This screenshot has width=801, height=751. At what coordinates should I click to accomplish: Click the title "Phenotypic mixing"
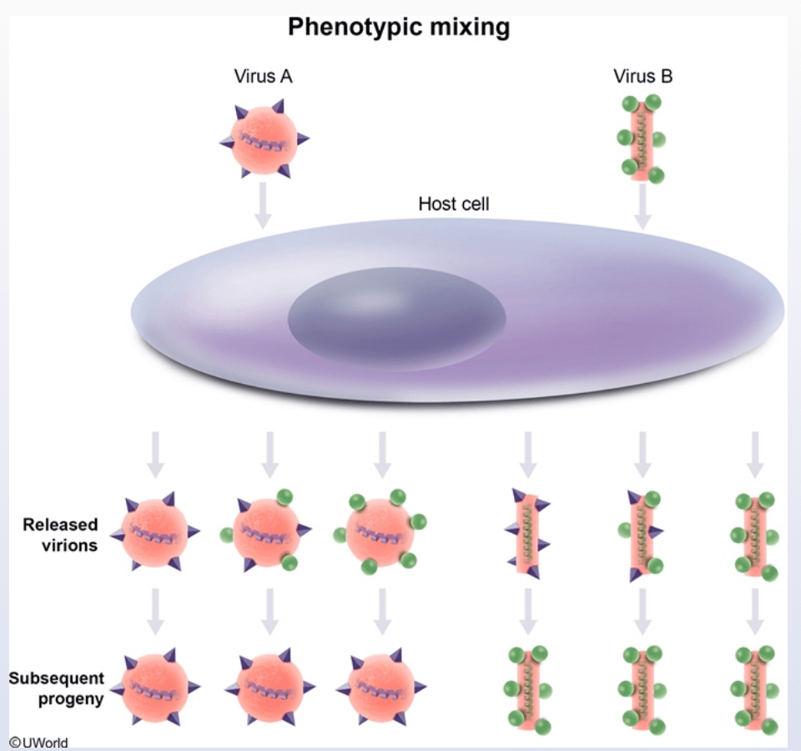coord(399,28)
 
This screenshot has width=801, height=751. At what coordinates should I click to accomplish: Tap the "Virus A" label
coord(263,76)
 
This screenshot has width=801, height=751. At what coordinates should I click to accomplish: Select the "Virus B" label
coord(642,76)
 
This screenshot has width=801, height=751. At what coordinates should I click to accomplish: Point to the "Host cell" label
coord(454,204)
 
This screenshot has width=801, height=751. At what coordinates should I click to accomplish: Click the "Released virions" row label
coord(61,535)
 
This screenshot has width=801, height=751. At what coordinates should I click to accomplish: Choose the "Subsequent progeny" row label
coord(57,688)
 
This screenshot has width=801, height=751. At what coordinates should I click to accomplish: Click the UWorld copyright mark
coord(39,743)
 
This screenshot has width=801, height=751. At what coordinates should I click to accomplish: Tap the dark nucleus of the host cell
coord(397,319)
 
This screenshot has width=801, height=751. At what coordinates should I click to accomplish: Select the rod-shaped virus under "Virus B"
coord(642,139)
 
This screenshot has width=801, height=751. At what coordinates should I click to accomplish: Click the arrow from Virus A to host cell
coord(263,205)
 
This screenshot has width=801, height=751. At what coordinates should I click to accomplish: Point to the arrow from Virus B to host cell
coord(642,206)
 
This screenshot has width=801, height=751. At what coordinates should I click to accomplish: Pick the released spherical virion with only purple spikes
coord(155,532)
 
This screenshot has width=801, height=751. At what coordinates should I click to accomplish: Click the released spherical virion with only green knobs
coord(380,532)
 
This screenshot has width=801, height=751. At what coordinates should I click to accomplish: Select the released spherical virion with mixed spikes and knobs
coord(266,531)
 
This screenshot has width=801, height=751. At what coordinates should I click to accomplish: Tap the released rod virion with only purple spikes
coord(528,534)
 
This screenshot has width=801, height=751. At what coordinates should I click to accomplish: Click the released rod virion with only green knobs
coord(754,536)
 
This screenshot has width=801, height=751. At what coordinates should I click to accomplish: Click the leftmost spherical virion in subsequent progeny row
coord(155,688)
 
